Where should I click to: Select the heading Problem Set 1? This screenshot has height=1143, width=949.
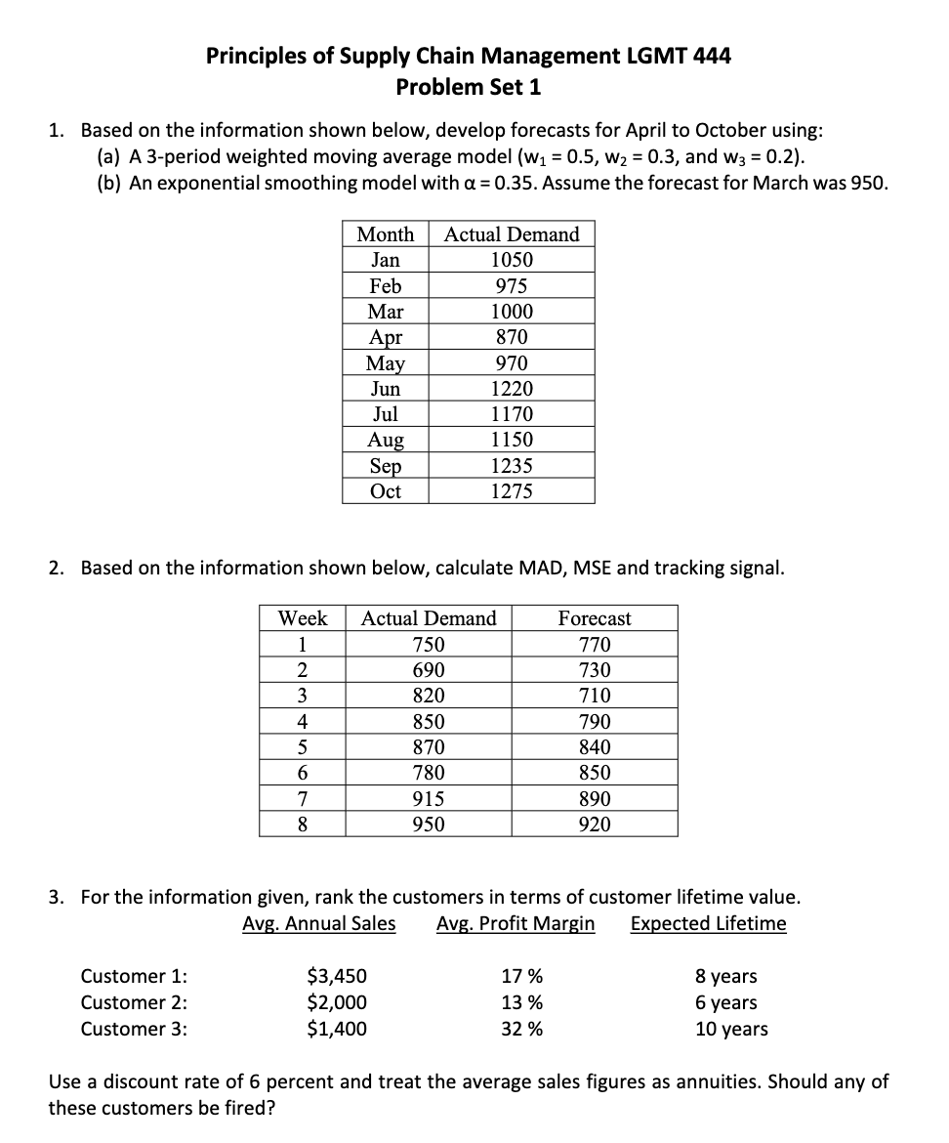pos(468,87)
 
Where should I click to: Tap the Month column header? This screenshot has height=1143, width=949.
pos(385,234)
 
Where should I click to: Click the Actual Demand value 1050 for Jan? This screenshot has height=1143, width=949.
pos(512,260)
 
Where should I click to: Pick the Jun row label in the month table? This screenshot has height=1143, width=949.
pos(385,389)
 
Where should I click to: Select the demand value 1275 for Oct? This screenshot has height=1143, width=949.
pos(512,491)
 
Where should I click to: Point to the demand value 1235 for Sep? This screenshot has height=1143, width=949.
pos(512,466)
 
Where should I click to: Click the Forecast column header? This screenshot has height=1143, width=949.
pos(595,618)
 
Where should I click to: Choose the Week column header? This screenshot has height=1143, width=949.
pos(303,618)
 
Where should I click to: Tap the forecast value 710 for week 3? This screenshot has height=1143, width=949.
pos(595,696)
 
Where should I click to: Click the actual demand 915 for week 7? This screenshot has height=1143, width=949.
pos(428,798)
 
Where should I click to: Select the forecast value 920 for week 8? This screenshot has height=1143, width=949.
pos(595,825)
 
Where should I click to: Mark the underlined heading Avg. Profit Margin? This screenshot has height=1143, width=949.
pos(516,923)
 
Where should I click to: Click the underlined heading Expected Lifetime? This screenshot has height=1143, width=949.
pos(708,923)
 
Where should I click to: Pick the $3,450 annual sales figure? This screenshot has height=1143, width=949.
pos(337,976)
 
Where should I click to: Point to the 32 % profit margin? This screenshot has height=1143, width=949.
pos(522,1029)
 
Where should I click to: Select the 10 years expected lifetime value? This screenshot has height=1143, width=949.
pos(731,1029)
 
